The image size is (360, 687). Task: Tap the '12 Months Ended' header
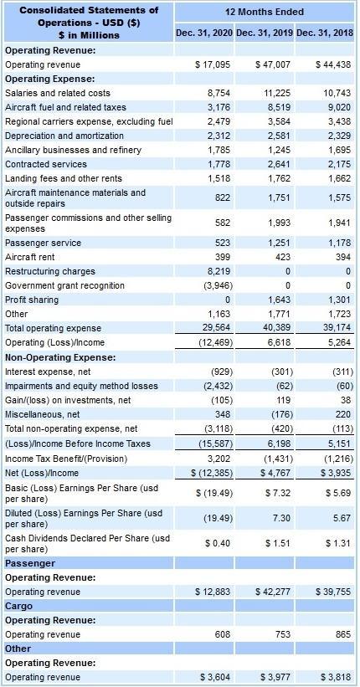coord(265,12)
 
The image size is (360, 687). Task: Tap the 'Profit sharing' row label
coord(31,300)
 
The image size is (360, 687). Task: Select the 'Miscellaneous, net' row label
coord(43,414)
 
